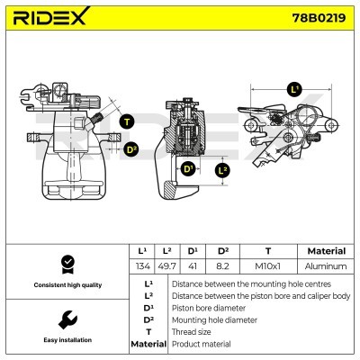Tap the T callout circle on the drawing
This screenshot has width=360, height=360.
(x=126, y=121)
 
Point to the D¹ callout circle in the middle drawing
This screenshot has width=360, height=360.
(x=188, y=168)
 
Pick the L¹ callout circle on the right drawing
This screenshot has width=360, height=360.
(x=294, y=89)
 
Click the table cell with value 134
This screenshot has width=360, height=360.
(x=142, y=266)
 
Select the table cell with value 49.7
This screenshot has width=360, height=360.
(x=167, y=266)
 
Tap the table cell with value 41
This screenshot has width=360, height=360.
(x=193, y=266)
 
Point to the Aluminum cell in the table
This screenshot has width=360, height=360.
(x=326, y=266)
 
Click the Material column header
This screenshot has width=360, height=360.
(x=326, y=251)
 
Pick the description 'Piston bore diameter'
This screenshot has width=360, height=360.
(x=208, y=307)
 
